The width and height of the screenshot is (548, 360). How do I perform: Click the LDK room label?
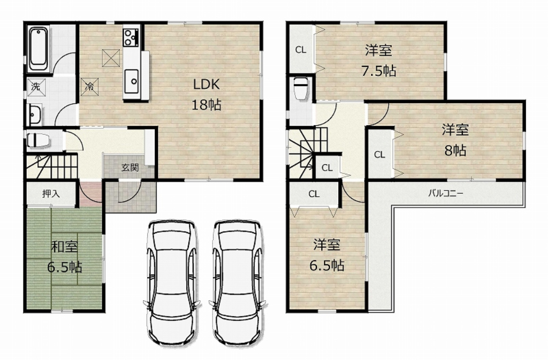(x=206, y=85)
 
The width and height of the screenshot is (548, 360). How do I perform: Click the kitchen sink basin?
(x=132, y=81)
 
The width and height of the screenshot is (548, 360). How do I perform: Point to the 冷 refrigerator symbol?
(x=90, y=87)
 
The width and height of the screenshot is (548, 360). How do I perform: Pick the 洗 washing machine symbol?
(x=35, y=86)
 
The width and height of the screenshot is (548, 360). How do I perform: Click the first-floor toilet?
(x=39, y=140)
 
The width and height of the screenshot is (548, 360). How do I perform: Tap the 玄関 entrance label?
(x=130, y=167)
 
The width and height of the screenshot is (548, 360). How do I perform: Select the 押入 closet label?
(x=51, y=193)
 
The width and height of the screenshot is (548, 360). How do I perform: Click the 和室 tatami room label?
(x=64, y=247)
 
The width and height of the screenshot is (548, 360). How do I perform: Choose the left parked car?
(x=171, y=281)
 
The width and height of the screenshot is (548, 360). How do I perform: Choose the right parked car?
(x=237, y=281)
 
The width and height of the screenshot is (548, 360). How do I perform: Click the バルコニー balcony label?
(x=446, y=193)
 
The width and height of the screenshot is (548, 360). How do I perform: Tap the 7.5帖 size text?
(x=378, y=71)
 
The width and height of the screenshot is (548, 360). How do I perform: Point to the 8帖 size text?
(x=455, y=150)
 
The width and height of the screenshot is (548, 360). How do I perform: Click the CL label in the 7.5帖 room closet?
(x=301, y=50)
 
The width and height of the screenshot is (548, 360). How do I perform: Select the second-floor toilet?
(x=300, y=89)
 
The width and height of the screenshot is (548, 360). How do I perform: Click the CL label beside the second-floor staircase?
(x=327, y=168)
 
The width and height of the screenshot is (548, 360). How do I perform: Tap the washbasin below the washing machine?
(x=35, y=114)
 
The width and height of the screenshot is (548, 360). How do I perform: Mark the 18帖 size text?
(x=206, y=104)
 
